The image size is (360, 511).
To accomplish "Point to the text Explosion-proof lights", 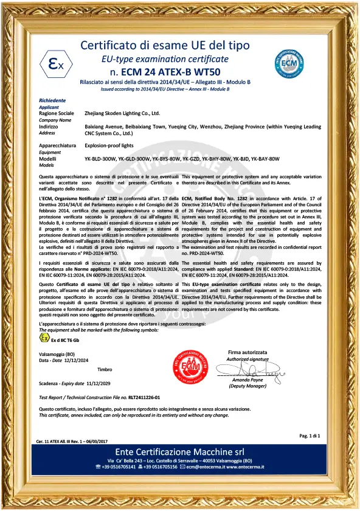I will click(109, 146).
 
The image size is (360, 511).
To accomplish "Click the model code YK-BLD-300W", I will click(100, 159).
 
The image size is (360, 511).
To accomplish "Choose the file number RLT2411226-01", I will click(139, 397).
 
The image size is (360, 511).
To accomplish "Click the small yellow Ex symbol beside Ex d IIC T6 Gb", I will click(44, 338).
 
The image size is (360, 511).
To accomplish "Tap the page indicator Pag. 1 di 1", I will click(310, 436).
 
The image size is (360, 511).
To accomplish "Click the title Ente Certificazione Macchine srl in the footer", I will click(179, 451).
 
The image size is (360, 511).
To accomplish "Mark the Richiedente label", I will click(52, 100).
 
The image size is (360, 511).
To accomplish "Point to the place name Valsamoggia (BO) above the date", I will click(57, 353).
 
